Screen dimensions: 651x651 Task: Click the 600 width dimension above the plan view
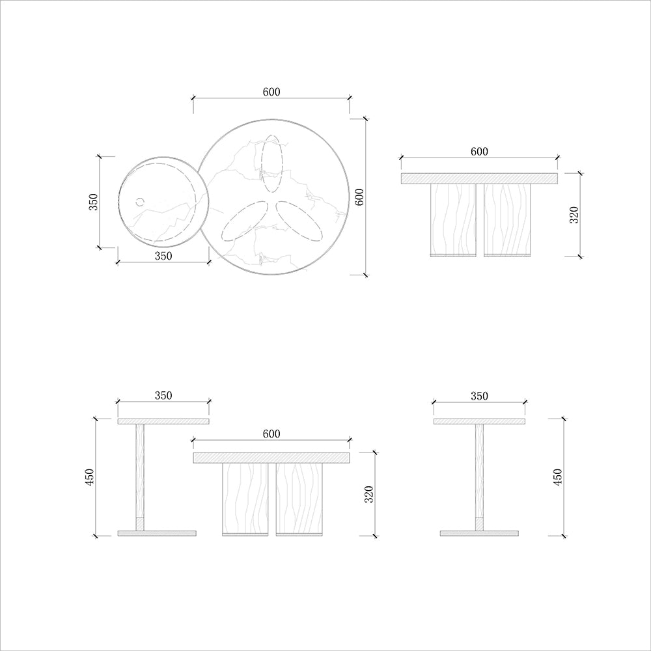click(x=271, y=92)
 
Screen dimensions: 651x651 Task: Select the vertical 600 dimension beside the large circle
click(x=359, y=197)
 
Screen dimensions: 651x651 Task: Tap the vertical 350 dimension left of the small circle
click(x=93, y=202)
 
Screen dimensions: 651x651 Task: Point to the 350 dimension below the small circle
click(x=163, y=256)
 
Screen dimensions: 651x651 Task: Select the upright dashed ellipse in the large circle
click(x=272, y=165)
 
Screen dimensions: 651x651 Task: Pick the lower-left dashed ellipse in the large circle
click(x=245, y=221)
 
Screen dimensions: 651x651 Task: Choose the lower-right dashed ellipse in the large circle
click(x=299, y=221)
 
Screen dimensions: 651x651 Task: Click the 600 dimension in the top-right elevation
click(x=479, y=152)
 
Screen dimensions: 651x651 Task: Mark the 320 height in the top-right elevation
click(x=574, y=215)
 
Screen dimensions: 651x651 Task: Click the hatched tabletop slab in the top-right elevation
click(x=479, y=178)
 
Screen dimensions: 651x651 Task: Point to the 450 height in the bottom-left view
click(x=90, y=477)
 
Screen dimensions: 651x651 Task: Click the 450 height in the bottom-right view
click(x=557, y=477)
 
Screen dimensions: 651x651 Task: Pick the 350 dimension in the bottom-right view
click(x=479, y=396)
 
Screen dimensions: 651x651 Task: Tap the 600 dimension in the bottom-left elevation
click(x=271, y=434)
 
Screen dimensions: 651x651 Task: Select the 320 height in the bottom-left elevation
click(x=369, y=494)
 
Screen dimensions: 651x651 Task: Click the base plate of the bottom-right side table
click(x=479, y=533)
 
